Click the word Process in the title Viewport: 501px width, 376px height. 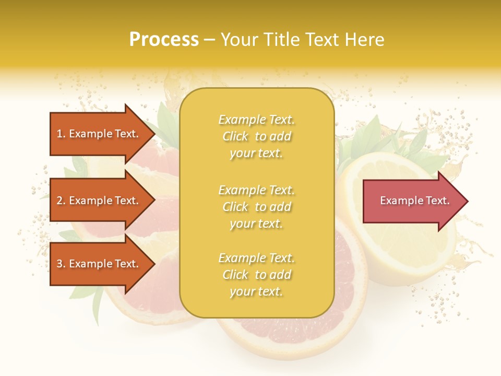[164, 40]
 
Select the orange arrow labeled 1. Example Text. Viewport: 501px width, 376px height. [99, 134]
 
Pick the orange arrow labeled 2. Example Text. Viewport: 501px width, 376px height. [99, 201]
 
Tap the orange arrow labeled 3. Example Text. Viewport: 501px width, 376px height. [99, 264]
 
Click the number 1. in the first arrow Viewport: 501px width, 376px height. [61, 134]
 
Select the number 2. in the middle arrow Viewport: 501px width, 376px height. [61, 201]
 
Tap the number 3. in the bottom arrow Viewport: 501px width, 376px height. [61, 264]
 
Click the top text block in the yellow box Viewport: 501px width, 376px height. [256, 136]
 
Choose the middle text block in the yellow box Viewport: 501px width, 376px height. [256, 207]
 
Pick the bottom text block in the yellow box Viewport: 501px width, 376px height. [256, 275]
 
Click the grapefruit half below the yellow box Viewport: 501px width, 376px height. [292, 334]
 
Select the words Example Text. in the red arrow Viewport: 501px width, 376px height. [414, 201]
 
